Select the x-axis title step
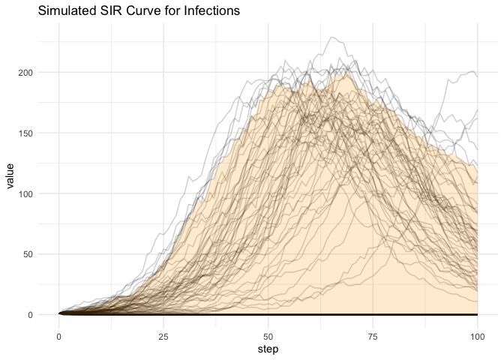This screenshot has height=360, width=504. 268,349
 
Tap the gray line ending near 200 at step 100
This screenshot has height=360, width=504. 472,71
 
